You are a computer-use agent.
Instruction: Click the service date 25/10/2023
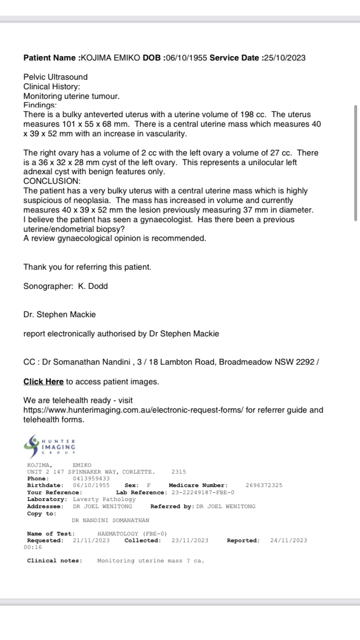[x=283, y=58]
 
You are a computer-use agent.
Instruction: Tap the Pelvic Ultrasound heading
[x=56, y=77]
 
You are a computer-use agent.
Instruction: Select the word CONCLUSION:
[x=52, y=181]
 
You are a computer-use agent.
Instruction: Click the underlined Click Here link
[x=44, y=381]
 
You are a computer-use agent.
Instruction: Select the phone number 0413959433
[x=91, y=478]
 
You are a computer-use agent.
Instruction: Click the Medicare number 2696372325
[x=264, y=485]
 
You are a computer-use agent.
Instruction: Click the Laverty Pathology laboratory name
[x=104, y=499]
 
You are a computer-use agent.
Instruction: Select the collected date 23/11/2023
[x=190, y=540]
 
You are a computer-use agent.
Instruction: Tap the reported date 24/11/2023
[x=288, y=540]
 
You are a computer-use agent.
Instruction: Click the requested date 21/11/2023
[x=91, y=540]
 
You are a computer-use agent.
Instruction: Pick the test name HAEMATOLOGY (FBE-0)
[x=132, y=533]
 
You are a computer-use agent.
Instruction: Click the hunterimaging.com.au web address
[x=133, y=410]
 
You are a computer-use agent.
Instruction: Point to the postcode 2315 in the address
[x=179, y=472]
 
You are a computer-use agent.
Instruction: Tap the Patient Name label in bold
[x=49, y=58]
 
